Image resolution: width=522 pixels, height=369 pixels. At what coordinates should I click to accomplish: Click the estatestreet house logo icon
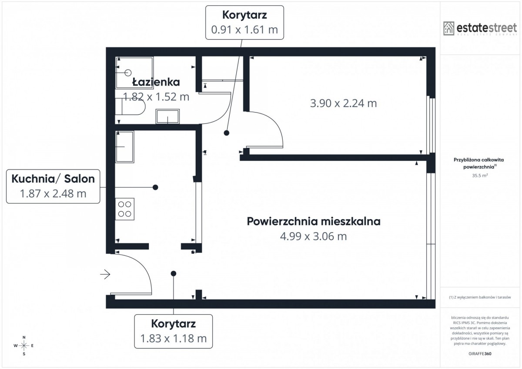point(448,28)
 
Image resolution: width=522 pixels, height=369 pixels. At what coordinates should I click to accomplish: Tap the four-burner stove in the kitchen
point(125,209)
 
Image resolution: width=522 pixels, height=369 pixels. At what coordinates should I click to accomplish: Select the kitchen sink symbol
point(125,146)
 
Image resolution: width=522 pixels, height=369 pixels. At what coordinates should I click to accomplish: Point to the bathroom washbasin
point(167,116)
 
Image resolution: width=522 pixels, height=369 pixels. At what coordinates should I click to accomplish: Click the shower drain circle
point(128,73)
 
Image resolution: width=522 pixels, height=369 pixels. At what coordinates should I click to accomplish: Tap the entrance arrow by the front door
point(105,274)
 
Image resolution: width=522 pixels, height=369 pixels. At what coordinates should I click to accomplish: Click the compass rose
point(24,346)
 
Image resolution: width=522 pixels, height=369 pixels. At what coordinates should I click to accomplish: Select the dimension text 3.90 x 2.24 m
point(343,103)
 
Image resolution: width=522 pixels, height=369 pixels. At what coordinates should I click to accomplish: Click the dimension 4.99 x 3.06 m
point(314,236)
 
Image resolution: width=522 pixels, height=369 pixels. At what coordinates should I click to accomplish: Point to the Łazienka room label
point(156,82)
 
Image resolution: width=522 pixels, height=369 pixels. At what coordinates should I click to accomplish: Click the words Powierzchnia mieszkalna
point(314,221)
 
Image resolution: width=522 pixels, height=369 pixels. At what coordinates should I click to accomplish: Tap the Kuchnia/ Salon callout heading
point(53,179)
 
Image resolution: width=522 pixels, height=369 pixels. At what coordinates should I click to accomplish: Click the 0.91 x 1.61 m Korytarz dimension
point(244,30)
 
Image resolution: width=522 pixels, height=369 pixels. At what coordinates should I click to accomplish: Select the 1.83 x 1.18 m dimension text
point(174,339)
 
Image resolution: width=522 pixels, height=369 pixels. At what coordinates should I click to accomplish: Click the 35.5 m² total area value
point(480,176)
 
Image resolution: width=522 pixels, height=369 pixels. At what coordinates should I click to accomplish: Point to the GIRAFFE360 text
point(480,354)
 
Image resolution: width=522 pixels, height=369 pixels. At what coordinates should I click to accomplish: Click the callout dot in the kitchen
point(155,187)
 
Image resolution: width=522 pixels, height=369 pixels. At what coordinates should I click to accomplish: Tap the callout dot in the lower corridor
point(174,273)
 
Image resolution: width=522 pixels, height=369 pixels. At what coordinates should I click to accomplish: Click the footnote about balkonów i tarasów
point(480,297)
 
